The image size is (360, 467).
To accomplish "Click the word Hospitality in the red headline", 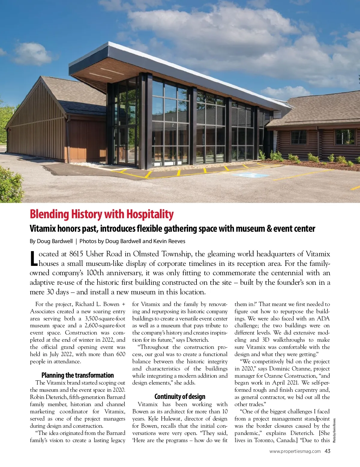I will tap(150, 214).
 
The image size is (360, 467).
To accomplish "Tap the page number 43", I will tap(327, 451).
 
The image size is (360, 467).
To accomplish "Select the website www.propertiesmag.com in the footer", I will tap(295, 451).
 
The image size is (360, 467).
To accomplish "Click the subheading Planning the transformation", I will tap(78, 375).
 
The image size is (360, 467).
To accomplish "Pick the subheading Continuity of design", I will tap(180, 397).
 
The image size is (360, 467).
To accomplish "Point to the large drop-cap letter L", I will tap(34, 258).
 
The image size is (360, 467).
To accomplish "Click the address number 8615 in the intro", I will tap(76, 254).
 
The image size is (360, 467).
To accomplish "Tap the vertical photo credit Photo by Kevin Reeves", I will tap(334, 430).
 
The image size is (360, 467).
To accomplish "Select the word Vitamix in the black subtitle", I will tap(43, 229).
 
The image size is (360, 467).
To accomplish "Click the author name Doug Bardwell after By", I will tap(55, 241).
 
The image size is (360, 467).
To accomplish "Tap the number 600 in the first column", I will tap(121, 354).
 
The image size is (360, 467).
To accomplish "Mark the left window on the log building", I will tap(299, 137).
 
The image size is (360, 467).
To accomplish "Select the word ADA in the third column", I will tap(323, 319).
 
